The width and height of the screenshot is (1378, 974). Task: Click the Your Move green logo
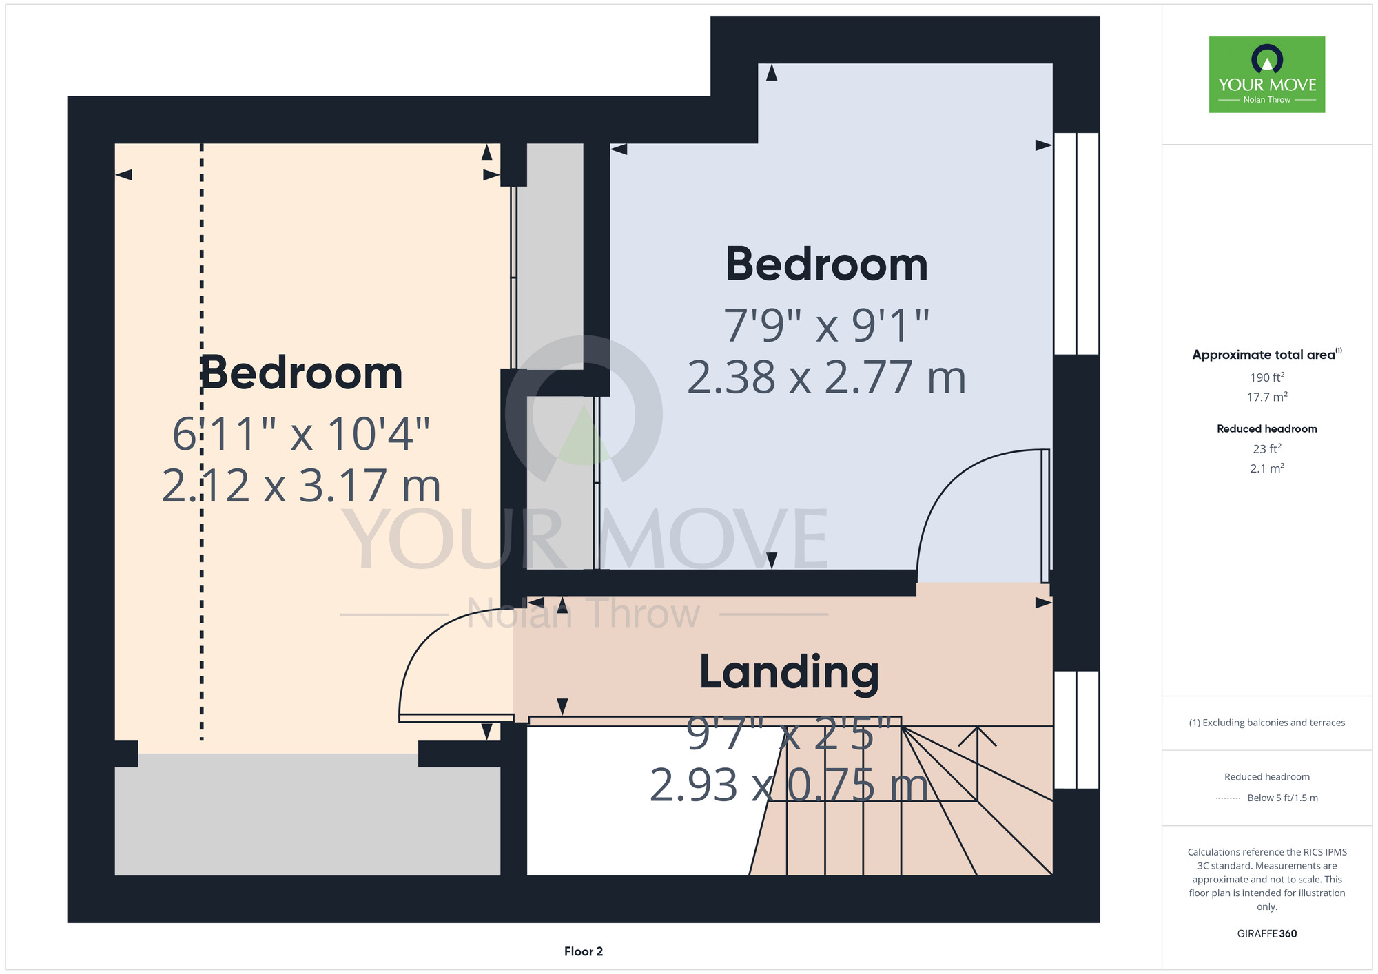[1267, 74]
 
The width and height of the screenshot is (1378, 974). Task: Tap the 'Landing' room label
[789, 672]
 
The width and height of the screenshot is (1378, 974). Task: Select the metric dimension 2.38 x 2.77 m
[827, 377]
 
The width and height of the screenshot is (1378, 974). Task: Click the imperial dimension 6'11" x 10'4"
[301, 434]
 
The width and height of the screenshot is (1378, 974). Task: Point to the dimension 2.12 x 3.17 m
[301, 485]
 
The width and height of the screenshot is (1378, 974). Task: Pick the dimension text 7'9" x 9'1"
[827, 325]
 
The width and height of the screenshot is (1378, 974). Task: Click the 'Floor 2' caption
[584, 951]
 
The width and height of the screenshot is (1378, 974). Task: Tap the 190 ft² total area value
[1267, 377]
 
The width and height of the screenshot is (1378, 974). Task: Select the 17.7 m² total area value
[1267, 397]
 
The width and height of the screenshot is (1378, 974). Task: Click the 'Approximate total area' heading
[1264, 355]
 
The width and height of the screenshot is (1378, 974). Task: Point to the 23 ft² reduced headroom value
[1267, 448]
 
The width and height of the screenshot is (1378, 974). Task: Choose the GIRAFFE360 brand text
[1267, 934]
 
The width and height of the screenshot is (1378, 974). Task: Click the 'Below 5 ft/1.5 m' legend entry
[1282, 798]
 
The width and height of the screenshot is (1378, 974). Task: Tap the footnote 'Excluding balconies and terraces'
[1273, 723]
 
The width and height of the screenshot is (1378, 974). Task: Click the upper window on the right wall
[1076, 243]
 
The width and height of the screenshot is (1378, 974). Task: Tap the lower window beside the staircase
[1076, 729]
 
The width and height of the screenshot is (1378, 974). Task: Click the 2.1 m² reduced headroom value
[1267, 468]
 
